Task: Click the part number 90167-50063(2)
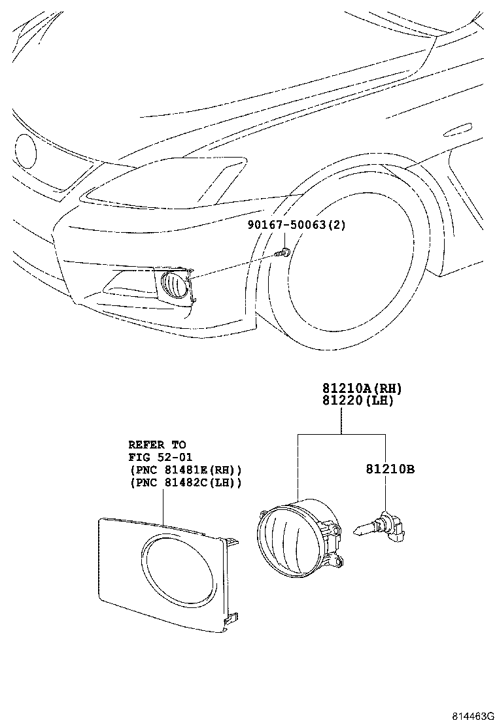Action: point(297,225)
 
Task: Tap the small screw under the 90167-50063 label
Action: point(282,253)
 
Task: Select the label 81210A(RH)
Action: point(362,388)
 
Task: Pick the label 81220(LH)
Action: point(358,400)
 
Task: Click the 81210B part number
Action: point(390,469)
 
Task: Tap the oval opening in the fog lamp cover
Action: point(179,571)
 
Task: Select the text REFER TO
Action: point(157,445)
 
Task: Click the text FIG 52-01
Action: point(160,457)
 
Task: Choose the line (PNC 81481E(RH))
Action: point(186,469)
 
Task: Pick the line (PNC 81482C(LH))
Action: point(186,482)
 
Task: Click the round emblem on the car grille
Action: point(26,151)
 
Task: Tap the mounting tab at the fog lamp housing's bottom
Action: point(337,562)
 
